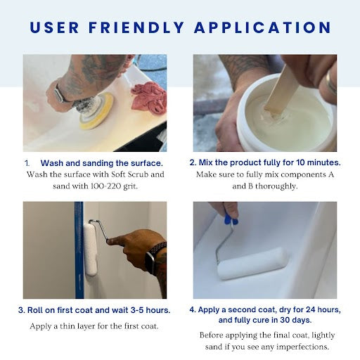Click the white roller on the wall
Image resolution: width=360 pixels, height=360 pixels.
[91, 250]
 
